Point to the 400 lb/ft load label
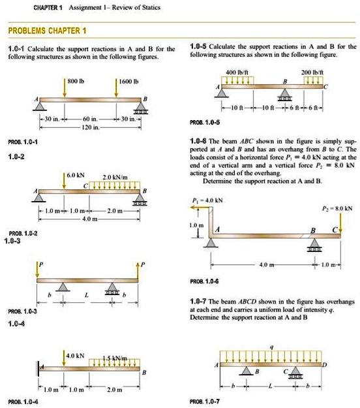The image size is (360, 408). tap(236, 70)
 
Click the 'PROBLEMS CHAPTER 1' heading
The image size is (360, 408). tap(46, 32)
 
